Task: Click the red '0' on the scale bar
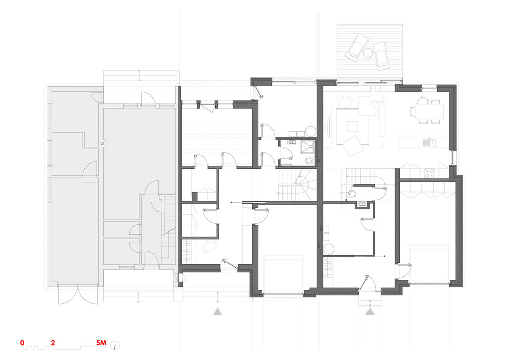22,343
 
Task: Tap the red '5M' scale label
101,343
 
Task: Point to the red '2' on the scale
53,343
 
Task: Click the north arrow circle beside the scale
115,346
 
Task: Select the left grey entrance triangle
218,312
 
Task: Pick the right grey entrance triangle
370,312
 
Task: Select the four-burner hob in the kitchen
430,173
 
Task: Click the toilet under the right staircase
352,195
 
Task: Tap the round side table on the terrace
368,52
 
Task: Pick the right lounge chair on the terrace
381,56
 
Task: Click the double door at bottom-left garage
77,295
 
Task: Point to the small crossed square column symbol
102,143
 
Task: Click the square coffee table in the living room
352,126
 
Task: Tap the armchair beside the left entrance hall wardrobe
208,247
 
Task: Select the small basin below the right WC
361,204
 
